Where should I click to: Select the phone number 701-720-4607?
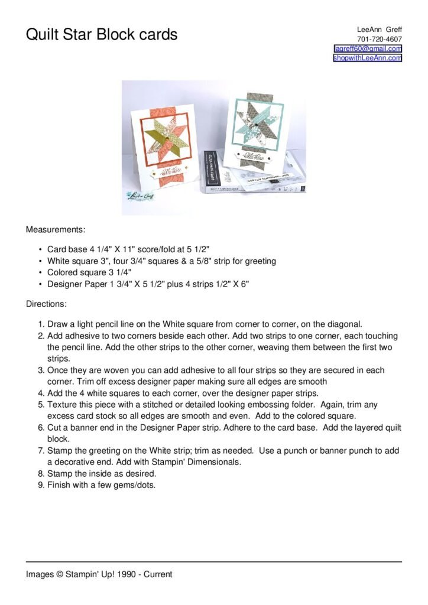[x=379, y=39]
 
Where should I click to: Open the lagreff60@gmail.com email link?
[x=368, y=48]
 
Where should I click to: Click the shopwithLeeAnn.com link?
[x=368, y=58]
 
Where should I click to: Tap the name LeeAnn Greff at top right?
[x=379, y=30]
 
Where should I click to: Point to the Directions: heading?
[x=46, y=304]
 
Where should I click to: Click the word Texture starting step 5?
[x=63, y=405]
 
